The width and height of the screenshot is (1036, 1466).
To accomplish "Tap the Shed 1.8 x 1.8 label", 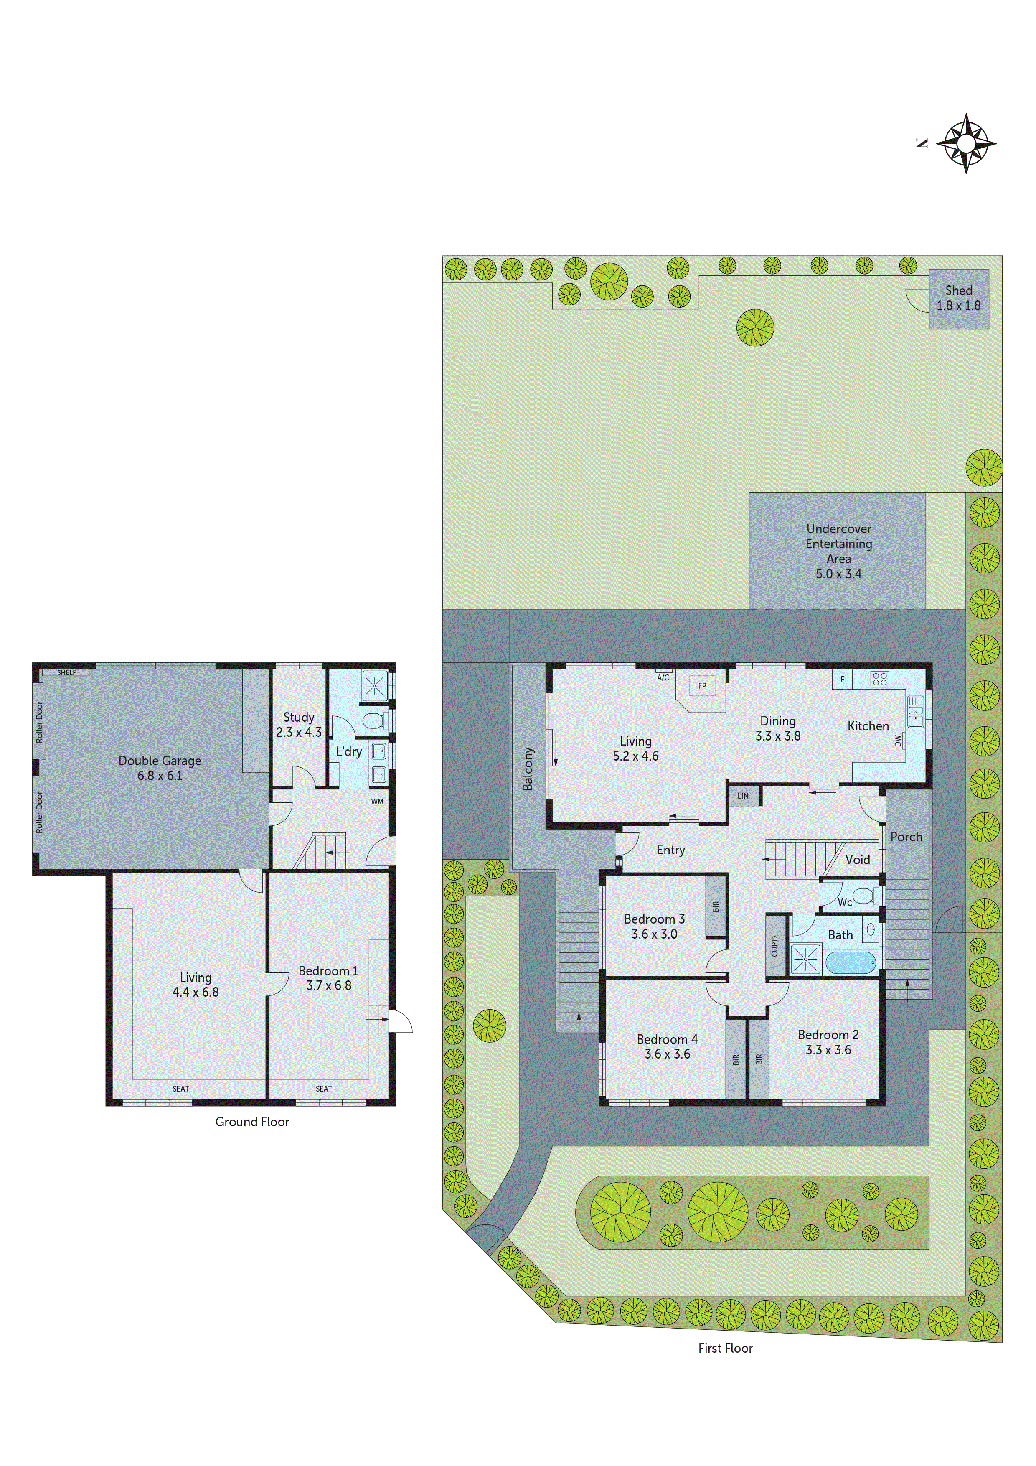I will (x=958, y=298).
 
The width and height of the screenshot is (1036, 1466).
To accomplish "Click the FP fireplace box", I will (x=702, y=686).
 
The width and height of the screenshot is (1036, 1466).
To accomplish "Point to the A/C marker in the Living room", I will (x=663, y=677).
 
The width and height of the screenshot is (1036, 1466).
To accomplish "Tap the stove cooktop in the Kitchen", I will (x=880, y=680).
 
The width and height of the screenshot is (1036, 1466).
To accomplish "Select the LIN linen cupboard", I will (x=743, y=796).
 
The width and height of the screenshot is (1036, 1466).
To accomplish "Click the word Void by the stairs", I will (x=857, y=860).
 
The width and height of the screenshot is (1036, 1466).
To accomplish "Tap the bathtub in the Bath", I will (x=850, y=963).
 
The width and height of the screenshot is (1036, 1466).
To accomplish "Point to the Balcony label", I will (x=527, y=769).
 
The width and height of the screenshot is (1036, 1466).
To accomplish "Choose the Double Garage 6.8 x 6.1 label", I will (x=160, y=768).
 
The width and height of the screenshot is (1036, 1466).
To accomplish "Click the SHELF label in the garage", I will (x=66, y=672).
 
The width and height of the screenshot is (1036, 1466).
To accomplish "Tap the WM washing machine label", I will (x=377, y=801).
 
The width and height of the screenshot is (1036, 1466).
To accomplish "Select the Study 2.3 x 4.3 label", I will (x=299, y=725).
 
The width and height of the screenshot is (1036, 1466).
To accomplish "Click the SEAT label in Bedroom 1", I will (x=324, y=1089).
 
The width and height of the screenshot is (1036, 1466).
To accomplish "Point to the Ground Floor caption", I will (x=252, y=1122).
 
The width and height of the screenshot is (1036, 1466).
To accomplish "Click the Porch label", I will (x=906, y=837).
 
